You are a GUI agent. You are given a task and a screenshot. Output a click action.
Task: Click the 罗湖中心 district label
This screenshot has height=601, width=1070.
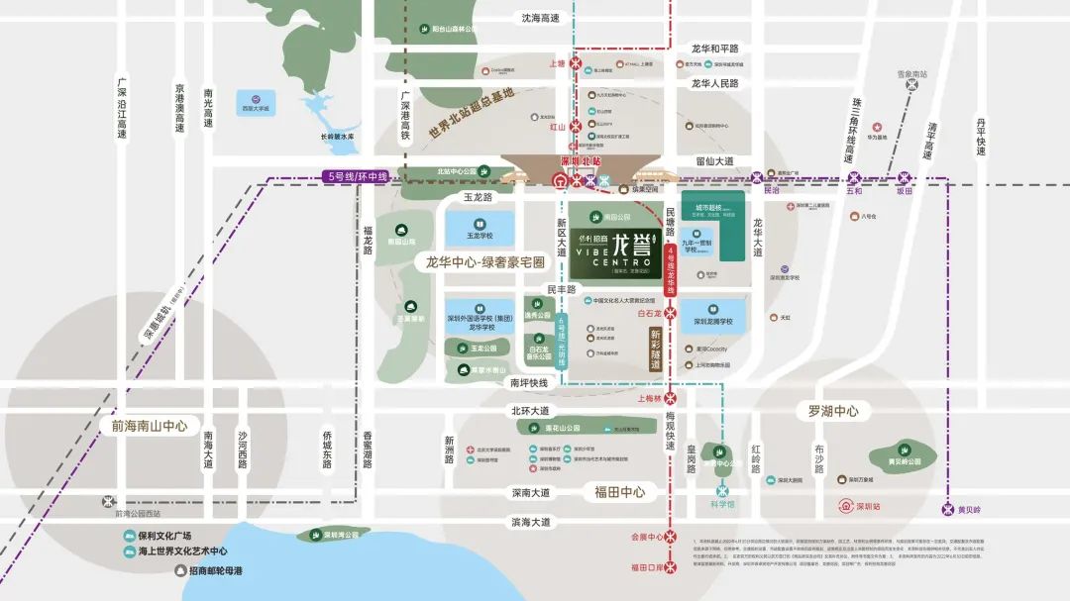pyautogui.click(x=833, y=411)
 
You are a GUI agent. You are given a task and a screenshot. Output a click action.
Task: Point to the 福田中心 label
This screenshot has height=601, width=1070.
pyautogui.click(x=619, y=491)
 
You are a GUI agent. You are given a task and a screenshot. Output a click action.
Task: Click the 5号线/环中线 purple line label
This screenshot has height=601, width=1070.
pyautogui.click(x=357, y=176)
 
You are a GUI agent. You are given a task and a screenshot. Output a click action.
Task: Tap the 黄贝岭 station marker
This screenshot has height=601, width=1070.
pyautogui.click(x=948, y=509)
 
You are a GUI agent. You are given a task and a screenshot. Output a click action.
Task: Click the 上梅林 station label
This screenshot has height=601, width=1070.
pyautogui.click(x=650, y=399)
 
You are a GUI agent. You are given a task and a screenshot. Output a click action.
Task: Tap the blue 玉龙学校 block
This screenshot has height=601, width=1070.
pyautogui.click(x=481, y=230)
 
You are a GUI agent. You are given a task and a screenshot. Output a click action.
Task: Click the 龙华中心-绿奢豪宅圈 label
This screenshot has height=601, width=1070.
pyautogui.click(x=485, y=263)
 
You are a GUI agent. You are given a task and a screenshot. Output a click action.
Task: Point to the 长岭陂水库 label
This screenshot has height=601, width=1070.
pyautogui.click(x=337, y=138)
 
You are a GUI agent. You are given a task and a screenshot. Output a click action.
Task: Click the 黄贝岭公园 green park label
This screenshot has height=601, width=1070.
pyautogui.click(x=903, y=461)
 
